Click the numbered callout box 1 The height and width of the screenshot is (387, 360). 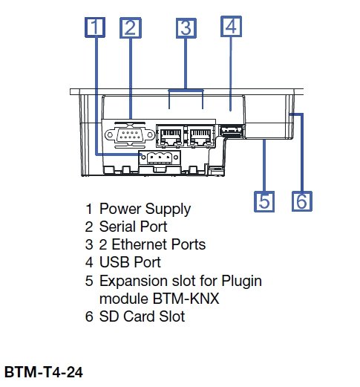[x=95, y=27]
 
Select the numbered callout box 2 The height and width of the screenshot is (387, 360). [x=131, y=27]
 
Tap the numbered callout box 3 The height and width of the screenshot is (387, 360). [x=186, y=28]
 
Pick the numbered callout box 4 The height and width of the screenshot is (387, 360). [x=231, y=26]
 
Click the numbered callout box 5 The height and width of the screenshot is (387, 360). [x=264, y=201]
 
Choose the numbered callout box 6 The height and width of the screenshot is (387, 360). [x=302, y=201]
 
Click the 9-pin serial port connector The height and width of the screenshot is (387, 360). [x=130, y=134]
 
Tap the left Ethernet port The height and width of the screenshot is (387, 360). [x=170, y=135]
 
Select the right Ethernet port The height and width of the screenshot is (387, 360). [x=201, y=135]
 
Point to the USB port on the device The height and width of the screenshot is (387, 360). [x=231, y=131]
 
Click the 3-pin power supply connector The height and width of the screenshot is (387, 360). [x=160, y=157]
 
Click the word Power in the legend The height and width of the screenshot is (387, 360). [x=120, y=209]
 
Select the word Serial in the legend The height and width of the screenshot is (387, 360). [x=117, y=227]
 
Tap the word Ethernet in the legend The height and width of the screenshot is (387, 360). [x=140, y=244]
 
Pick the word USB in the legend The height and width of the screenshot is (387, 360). [x=114, y=262]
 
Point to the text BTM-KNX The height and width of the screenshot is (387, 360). [x=186, y=299]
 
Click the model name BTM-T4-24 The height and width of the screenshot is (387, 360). [x=44, y=371]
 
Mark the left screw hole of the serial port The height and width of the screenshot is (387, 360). [x=110, y=135]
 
